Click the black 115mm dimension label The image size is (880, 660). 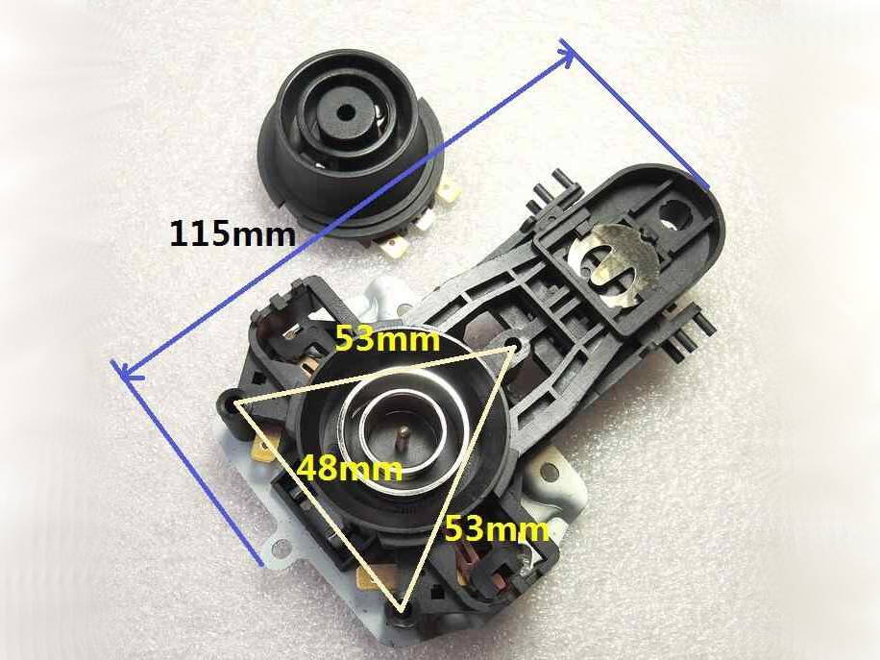pyautogui.click(x=232, y=234)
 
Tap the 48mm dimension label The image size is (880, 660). pyautogui.click(x=349, y=468)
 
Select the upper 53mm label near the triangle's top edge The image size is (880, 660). pyautogui.click(x=387, y=339)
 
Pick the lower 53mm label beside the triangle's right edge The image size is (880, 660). pyautogui.click(x=497, y=529)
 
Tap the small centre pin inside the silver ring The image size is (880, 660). pyautogui.click(x=403, y=435)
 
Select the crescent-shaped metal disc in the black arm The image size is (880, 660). pyautogui.click(x=614, y=259)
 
